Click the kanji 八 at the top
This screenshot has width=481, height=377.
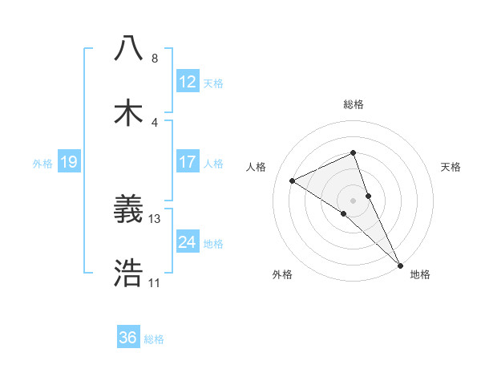129,48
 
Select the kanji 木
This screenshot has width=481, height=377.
129,113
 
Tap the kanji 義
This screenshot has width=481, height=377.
129,211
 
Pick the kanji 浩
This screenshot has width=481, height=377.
129,274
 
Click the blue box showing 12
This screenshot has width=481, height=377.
187,82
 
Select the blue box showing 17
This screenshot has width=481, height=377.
187,162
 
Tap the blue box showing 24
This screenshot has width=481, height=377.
187,242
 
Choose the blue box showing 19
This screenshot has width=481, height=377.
68,162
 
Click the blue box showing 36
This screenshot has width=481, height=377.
127,338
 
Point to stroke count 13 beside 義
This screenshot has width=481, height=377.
155,218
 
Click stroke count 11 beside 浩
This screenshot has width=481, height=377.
154,282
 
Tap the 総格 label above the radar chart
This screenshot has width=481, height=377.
353,104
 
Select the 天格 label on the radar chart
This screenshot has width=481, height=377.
451,167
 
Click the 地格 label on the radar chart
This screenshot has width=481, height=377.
420,274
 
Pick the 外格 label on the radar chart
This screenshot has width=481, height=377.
282,274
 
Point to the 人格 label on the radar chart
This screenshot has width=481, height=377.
256,167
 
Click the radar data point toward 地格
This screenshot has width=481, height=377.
400,264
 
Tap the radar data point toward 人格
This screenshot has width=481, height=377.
293,180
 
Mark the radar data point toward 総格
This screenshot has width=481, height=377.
353,152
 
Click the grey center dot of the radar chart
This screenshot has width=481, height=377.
353,200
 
